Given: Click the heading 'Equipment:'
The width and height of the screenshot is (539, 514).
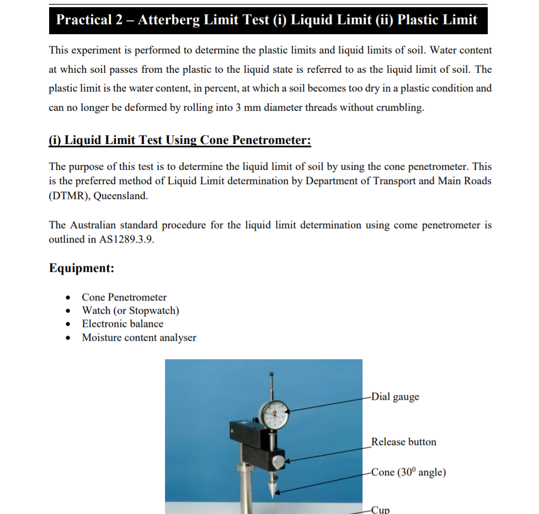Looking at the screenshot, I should click(x=82, y=268).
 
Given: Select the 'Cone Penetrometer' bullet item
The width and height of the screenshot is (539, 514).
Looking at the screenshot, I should click(x=124, y=297).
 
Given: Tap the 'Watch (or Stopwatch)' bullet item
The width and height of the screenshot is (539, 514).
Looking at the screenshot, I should click(x=130, y=310).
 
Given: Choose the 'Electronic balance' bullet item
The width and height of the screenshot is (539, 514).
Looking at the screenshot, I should click(x=122, y=324).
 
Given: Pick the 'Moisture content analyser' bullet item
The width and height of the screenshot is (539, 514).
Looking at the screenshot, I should click(x=139, y=338).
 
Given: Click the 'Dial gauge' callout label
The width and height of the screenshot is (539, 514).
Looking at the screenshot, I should click(x=395, y=397).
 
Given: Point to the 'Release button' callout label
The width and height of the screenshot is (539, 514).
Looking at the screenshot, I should click(x=404, y=442).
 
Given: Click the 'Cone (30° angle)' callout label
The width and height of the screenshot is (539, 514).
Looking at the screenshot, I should click(x=408, y=472).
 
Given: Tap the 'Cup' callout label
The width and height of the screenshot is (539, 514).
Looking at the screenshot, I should click(x=381, y=510).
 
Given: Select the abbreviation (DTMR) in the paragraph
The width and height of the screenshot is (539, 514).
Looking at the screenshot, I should click(x=69, y=196).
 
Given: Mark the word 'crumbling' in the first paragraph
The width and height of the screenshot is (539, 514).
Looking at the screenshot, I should click(x=400, y=108).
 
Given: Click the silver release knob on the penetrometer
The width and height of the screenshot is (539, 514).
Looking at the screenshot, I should click(x=279, y=460).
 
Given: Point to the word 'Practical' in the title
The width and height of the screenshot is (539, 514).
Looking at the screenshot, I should click(x=84, y=20).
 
